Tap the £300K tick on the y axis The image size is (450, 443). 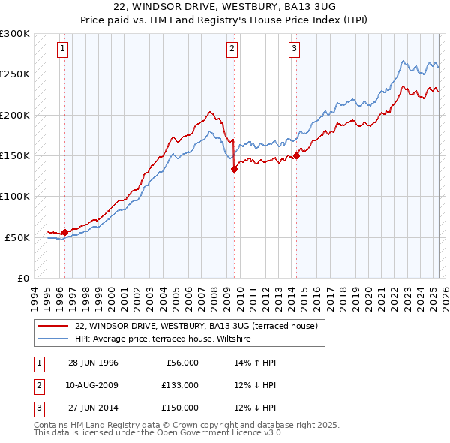(x=15, y=34)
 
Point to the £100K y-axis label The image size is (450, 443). (x=15, y=196)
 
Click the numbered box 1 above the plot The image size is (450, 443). (x=61, y=50)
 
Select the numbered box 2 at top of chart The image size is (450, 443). (x=232, y=50)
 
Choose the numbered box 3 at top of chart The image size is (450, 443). (x=294, y=50)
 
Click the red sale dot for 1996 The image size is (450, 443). (x=64, y=232)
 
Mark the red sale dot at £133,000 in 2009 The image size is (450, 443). (x=234, y=170)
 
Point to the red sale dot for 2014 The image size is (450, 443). (x=296, y=155)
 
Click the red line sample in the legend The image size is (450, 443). (x=52, y=326)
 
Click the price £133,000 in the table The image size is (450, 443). (x=180, y=385)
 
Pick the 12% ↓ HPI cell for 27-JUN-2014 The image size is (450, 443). (x=255, y=408)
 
